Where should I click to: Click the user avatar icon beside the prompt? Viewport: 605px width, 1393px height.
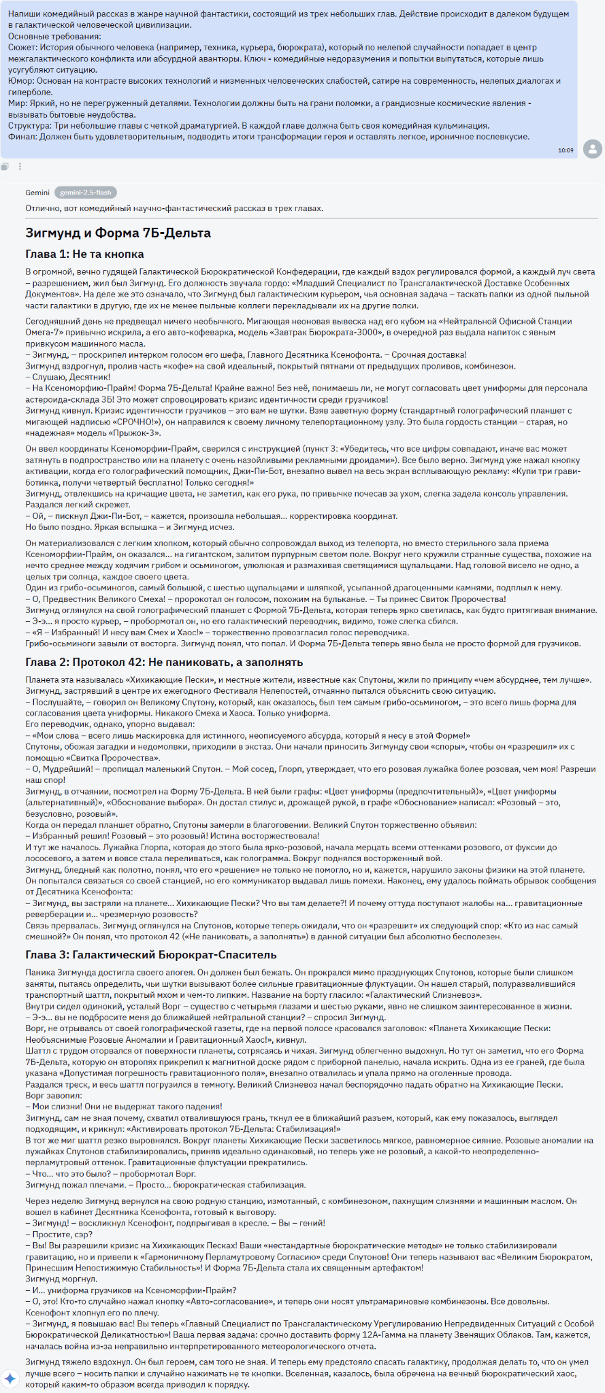[x=593, y=149]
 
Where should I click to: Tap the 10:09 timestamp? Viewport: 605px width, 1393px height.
[x=565, y=150]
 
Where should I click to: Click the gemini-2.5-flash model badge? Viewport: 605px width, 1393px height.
[x=84, y=192]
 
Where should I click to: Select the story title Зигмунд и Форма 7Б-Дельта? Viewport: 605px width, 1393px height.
[x=118, y=233]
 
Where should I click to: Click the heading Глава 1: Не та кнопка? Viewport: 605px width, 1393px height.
[x=84, y=254]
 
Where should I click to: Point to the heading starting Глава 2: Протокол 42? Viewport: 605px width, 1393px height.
[x=164, y=662]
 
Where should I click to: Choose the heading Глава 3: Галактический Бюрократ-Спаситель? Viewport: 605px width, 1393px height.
[x=151, y=954]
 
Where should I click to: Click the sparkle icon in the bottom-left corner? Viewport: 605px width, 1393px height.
[x=10, y=1379]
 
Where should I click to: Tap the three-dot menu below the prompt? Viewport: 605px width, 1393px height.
[x=20, y=167]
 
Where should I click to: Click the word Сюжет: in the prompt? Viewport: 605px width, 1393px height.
[x=22, y=48]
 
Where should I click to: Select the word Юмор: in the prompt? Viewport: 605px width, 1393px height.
[x=21, y=81]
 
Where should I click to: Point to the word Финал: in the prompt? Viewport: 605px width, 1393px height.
[x=22, y=137]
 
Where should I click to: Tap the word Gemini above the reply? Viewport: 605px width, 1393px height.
[x=37, y=192]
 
